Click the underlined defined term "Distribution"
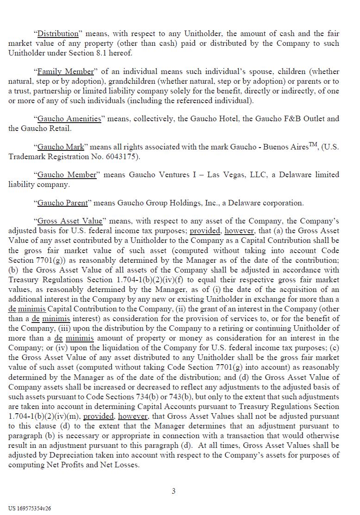[58, 33]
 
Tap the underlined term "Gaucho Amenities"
[69, 118]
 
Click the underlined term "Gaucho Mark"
[61, 147]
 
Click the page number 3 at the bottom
[174, 491]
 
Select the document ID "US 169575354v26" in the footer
[30, 508]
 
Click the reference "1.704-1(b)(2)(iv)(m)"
[44, 416]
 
